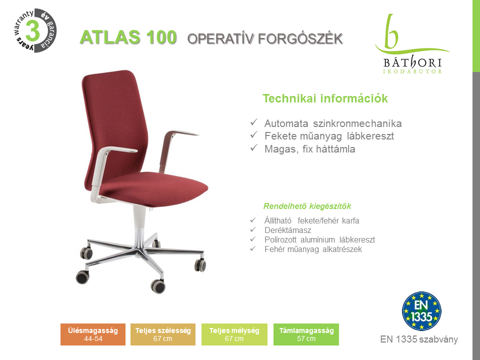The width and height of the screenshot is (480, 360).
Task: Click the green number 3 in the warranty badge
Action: coord(32,30)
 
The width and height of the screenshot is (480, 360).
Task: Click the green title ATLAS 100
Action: coord(128,37)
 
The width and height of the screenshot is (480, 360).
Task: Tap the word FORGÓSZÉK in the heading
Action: coord(300,39)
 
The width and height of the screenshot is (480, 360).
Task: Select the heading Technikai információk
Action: coord(325,98)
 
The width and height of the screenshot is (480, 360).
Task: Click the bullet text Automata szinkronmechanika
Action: coord(333,123)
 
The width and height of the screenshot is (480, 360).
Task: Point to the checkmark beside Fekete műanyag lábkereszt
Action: coord(254,134)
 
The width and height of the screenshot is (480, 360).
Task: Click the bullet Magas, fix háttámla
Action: coord(309,149)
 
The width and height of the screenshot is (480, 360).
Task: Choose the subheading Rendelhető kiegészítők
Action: coord(307,206)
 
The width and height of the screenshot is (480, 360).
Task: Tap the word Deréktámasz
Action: coord(287,230)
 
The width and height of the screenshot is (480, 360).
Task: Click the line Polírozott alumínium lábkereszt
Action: coord(319,239)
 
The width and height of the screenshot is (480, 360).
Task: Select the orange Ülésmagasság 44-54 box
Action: coord(93,334)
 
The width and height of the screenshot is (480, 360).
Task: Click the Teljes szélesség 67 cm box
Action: coord(163,334)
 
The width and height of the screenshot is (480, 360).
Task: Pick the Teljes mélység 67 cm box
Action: coord(234,334)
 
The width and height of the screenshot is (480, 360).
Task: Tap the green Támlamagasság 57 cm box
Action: coord(306,334)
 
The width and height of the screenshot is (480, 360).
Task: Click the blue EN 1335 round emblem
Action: coord(421,311)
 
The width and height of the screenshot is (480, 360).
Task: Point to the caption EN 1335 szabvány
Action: coord(419,339)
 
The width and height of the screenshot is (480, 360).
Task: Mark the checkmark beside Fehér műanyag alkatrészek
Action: coord(253,248)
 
